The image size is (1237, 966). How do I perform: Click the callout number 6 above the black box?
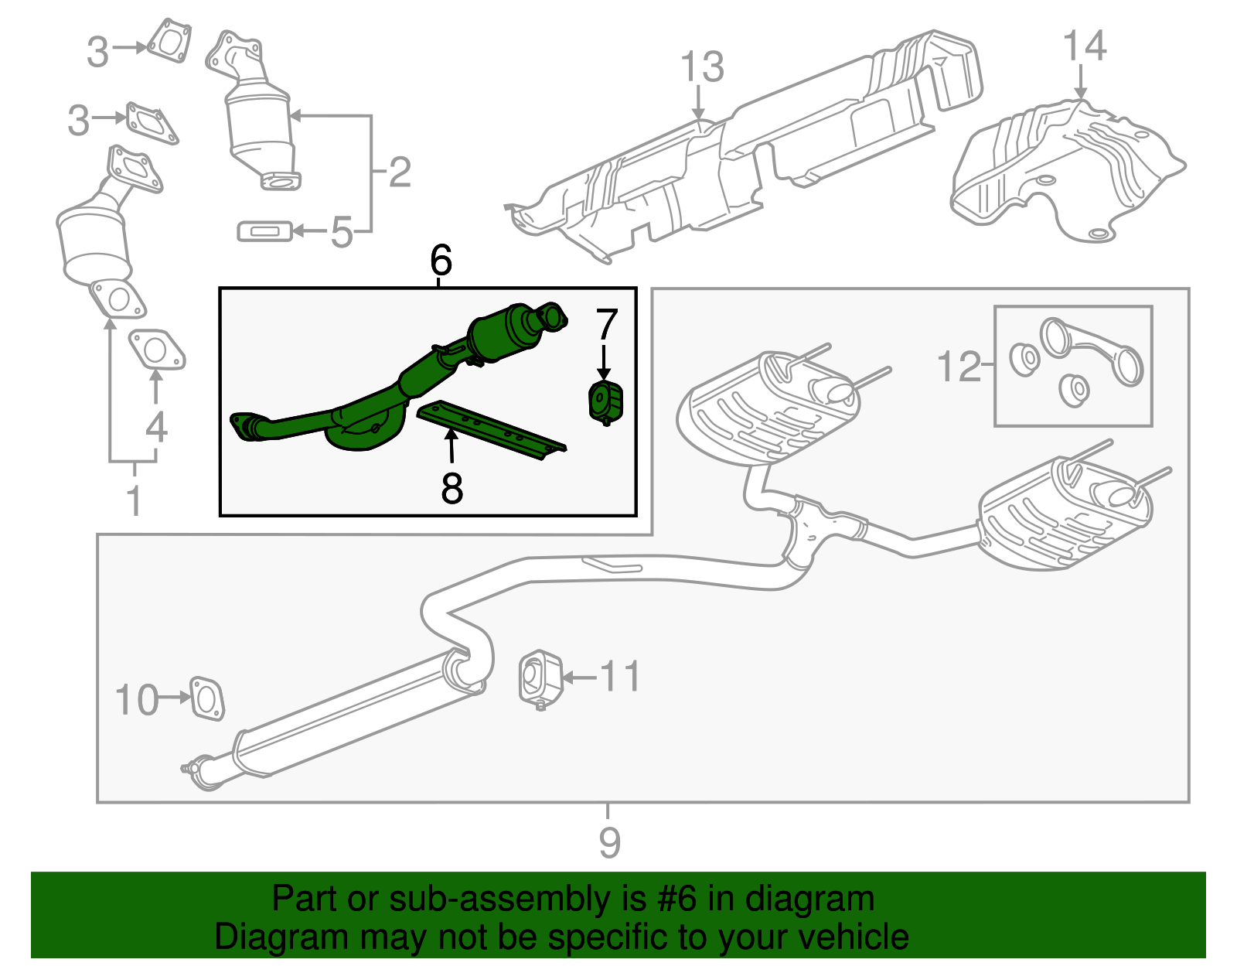tap(441, 261)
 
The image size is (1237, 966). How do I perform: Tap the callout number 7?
tap(606, 325)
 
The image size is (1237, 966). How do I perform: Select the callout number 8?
tap(452, 488)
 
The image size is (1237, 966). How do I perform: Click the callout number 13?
tap(702, 67)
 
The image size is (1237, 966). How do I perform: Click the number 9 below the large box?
tap(609, 842)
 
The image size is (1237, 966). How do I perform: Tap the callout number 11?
tap(620, 677)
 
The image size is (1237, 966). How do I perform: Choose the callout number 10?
tap(136, 700)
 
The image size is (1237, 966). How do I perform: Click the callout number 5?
tap(342, 231)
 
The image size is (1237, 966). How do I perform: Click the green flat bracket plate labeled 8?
tap(492, 429)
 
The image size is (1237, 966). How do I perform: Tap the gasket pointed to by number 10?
tap(206, 698)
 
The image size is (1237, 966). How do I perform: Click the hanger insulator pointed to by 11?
tap(540, 678)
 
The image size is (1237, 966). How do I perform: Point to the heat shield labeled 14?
tap(1067, 170)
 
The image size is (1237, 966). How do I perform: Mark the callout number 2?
tap(399, 172)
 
